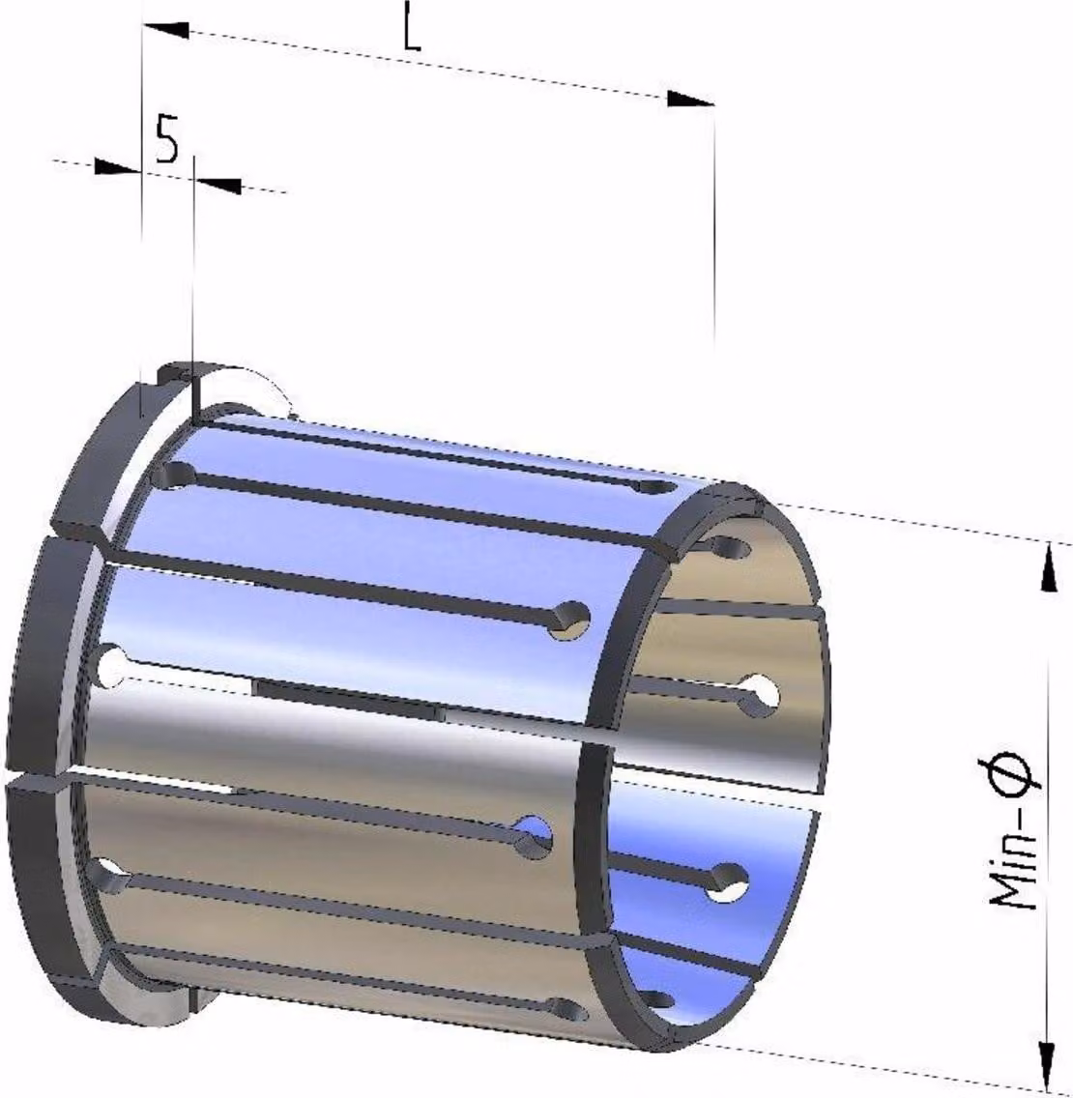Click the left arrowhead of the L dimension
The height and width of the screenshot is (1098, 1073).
[x=166, y=30]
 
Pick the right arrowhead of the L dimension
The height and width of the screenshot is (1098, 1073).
[x=690, y=99]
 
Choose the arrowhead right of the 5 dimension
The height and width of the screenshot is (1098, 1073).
[x=217, y=185]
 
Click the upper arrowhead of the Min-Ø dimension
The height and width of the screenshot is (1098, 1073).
[x=1049, y=567]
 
